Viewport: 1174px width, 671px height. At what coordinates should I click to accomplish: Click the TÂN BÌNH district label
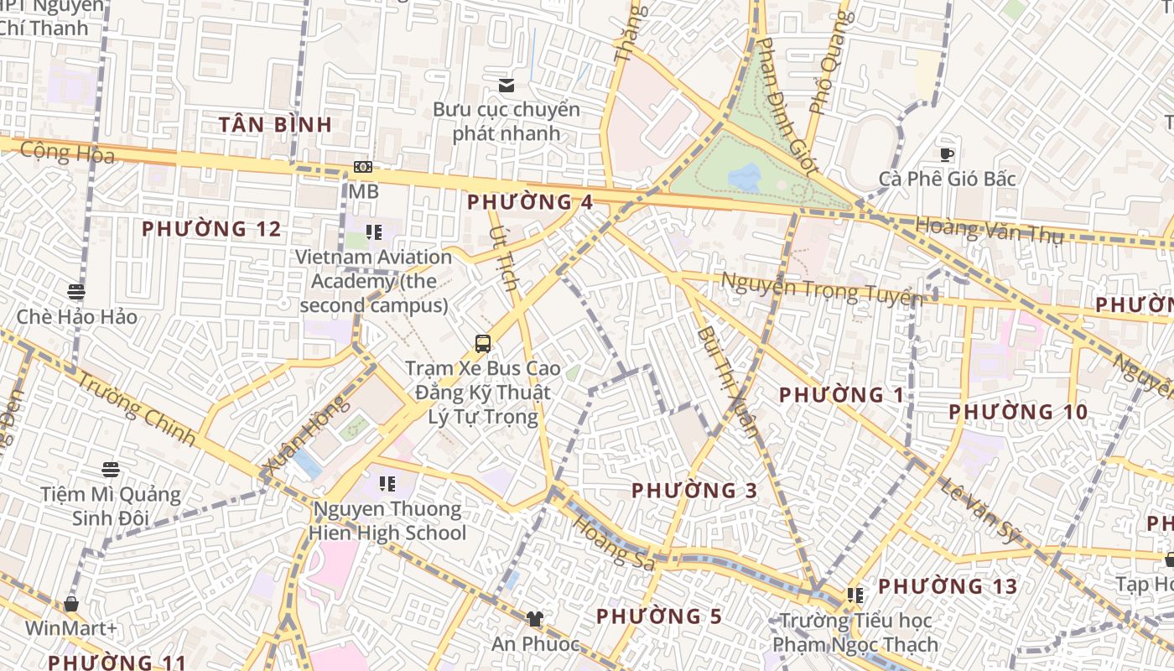pos(275,125)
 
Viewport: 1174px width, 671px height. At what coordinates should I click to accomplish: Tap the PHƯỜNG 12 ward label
pos(211,229)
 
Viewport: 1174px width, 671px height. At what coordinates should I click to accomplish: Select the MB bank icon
pos(363,168)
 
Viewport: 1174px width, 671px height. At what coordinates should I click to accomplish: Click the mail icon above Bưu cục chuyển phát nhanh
pos(506,86)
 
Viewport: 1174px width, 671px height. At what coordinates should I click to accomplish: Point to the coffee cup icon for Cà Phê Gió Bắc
pos(947,154)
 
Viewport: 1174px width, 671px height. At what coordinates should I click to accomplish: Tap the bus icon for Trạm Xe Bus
pos(483,343)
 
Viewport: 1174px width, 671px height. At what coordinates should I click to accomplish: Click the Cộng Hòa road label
pos(67,153)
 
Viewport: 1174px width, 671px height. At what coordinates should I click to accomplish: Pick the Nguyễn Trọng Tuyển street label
pos(821,289)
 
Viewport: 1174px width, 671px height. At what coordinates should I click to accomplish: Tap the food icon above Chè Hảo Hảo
pos(76,292)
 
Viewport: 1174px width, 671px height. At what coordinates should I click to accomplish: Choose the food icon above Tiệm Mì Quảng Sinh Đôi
pos(111,470)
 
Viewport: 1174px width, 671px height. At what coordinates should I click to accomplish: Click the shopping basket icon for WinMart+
pos(71,604)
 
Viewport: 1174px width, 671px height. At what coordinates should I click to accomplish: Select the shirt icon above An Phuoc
pos(534,619)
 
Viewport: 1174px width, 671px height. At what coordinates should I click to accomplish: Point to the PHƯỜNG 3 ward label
pos(694,491)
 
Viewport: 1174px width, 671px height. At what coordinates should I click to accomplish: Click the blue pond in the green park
pos(744,176)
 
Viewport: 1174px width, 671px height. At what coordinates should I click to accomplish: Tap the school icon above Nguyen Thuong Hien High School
pos(387,484)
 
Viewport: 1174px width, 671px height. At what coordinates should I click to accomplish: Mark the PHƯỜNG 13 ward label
pos(948,586)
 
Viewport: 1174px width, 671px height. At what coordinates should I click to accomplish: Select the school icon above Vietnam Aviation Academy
pos(374,232)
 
